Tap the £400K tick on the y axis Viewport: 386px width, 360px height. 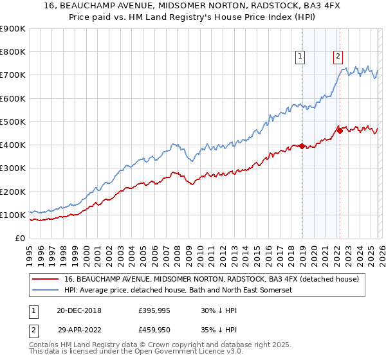click(12, 145)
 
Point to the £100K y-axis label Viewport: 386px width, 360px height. click(12, 215)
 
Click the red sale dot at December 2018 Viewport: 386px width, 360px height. click(302, 147)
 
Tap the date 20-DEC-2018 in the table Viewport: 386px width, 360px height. click(79, 310)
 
